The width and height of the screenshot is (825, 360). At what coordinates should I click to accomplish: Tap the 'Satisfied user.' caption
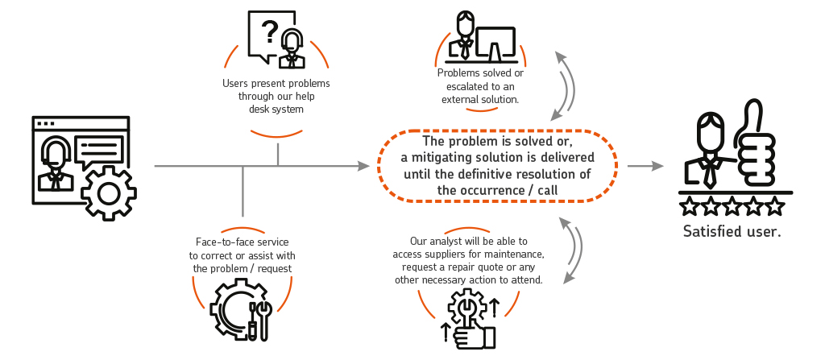click(732, 232)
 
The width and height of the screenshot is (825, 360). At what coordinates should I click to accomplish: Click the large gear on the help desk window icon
click(107, 192)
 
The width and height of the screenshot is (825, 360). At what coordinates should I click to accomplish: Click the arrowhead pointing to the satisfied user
click(659, 166)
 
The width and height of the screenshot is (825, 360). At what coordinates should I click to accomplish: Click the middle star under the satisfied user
click(732, 207)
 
